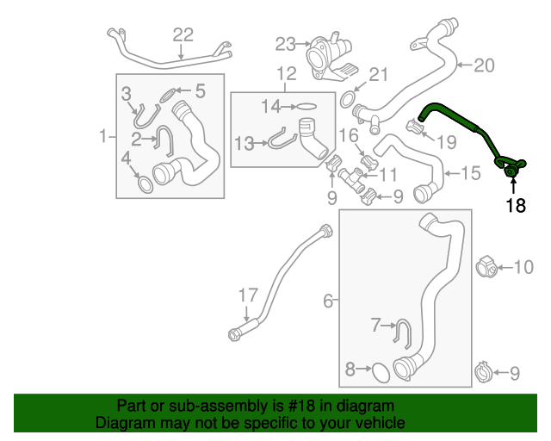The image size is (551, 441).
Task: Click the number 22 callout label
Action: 183,34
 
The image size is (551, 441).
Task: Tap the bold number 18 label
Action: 515,205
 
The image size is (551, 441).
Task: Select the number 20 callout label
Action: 485,65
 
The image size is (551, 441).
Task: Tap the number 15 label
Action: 470,173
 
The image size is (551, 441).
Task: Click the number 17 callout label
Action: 248,295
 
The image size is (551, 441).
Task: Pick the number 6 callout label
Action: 328,301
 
